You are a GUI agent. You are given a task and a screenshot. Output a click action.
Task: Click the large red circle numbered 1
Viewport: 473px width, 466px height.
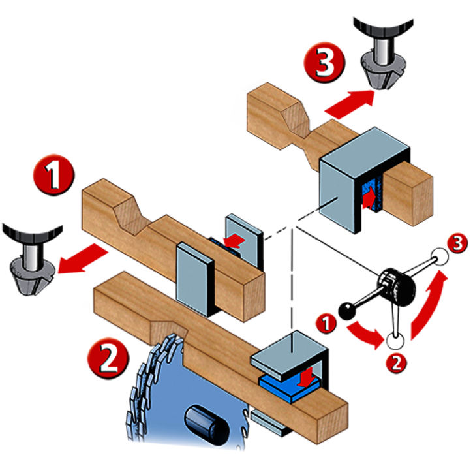(x=53, y=174)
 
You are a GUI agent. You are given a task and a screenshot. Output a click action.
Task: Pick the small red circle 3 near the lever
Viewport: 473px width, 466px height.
(x=458, y=244)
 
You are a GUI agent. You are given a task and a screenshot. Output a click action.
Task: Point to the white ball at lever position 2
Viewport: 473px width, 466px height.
(x=394, y=341)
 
